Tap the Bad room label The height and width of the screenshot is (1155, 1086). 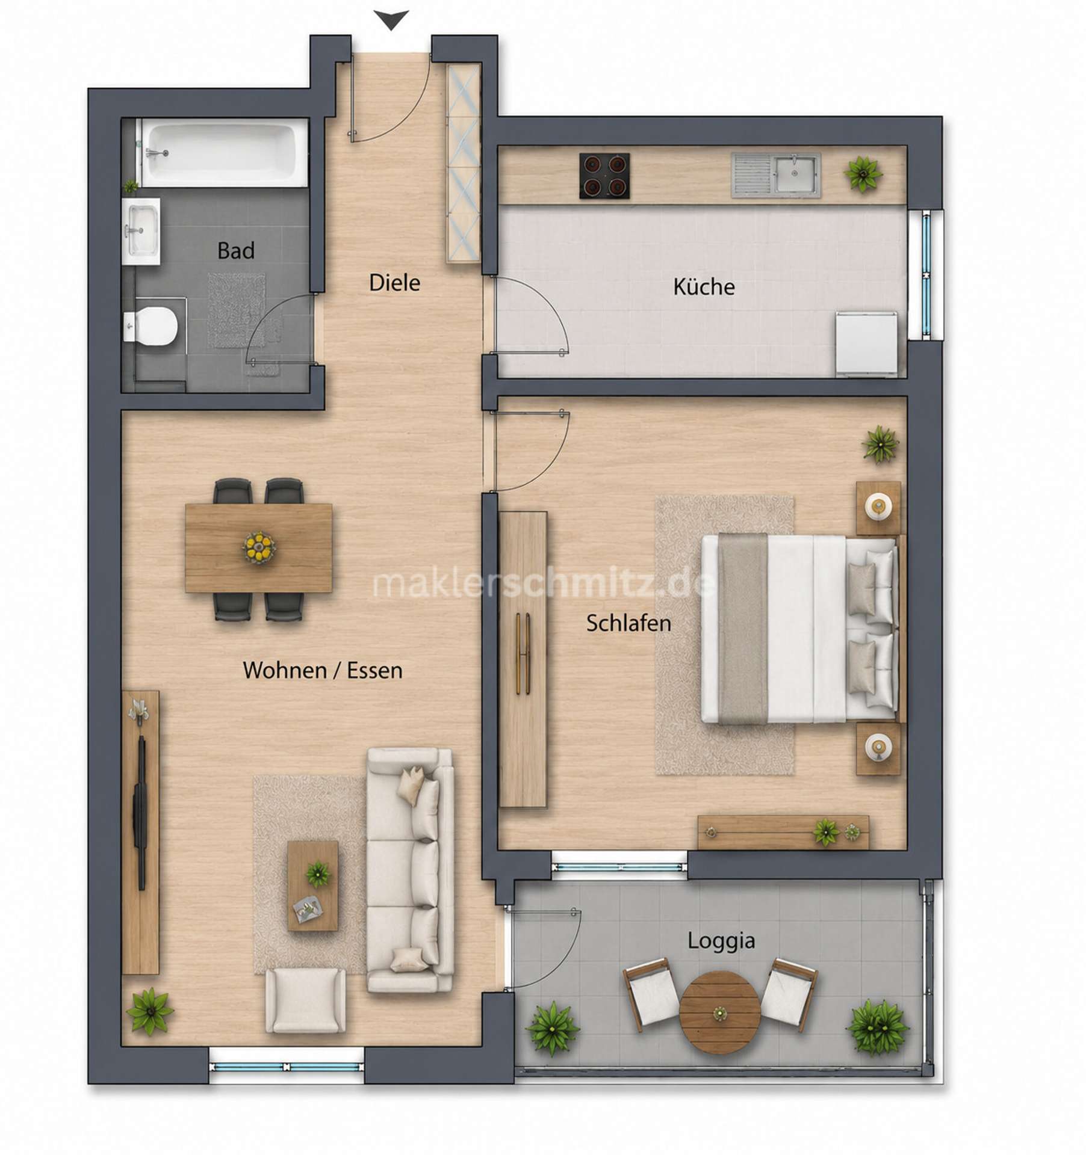click(x=236, y=250)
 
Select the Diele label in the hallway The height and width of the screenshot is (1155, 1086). click(x=394, y=283)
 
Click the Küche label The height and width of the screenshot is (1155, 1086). click(x=704, y=286)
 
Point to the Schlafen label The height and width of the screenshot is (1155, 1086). click(x=628, y=623)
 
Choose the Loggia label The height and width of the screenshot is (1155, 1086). click(x=721, y=941)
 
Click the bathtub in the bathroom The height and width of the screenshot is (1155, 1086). click(x=225, y=153)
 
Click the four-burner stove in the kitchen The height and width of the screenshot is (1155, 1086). click(x=604, y=176)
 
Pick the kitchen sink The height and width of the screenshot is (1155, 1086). click(x=776, y=175)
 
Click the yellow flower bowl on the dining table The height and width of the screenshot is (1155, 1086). click(x=259, y=547)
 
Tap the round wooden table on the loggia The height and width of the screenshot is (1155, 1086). click(x=719, y=1012)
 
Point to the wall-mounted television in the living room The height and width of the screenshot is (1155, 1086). click(x=142, y=812)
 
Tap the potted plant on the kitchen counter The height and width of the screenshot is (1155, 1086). click(x=863, y=174)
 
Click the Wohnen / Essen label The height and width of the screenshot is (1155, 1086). click(x=323, y=670)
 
